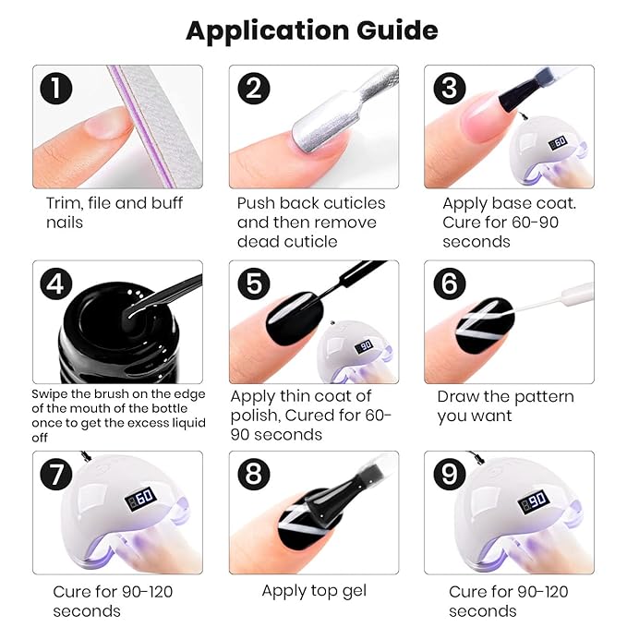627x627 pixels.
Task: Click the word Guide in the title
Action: click(397, 30)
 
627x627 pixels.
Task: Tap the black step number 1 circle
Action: click(56, 89)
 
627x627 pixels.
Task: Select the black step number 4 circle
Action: click(56, 283)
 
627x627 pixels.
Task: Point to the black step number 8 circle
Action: click(254, 474)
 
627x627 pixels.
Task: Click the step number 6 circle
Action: click(450, 283)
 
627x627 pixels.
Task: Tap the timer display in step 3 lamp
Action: click(558, 142)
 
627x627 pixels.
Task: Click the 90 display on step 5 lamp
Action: click(364, 346)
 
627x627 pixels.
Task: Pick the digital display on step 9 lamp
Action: click(534, 501)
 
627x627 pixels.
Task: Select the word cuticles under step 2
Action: click(355, 203)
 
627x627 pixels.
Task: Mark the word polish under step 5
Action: click(255, 416)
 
